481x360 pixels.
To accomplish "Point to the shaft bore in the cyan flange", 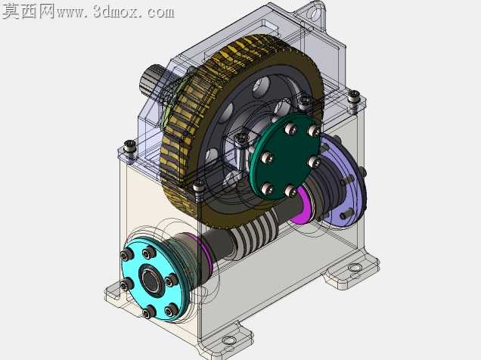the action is click(x=151, y=280).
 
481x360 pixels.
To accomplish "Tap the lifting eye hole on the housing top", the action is click(x=314, y=14).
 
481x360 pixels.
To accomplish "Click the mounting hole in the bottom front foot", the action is click(x=228, y=340).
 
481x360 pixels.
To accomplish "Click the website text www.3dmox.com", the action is click(x=116, y=11).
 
